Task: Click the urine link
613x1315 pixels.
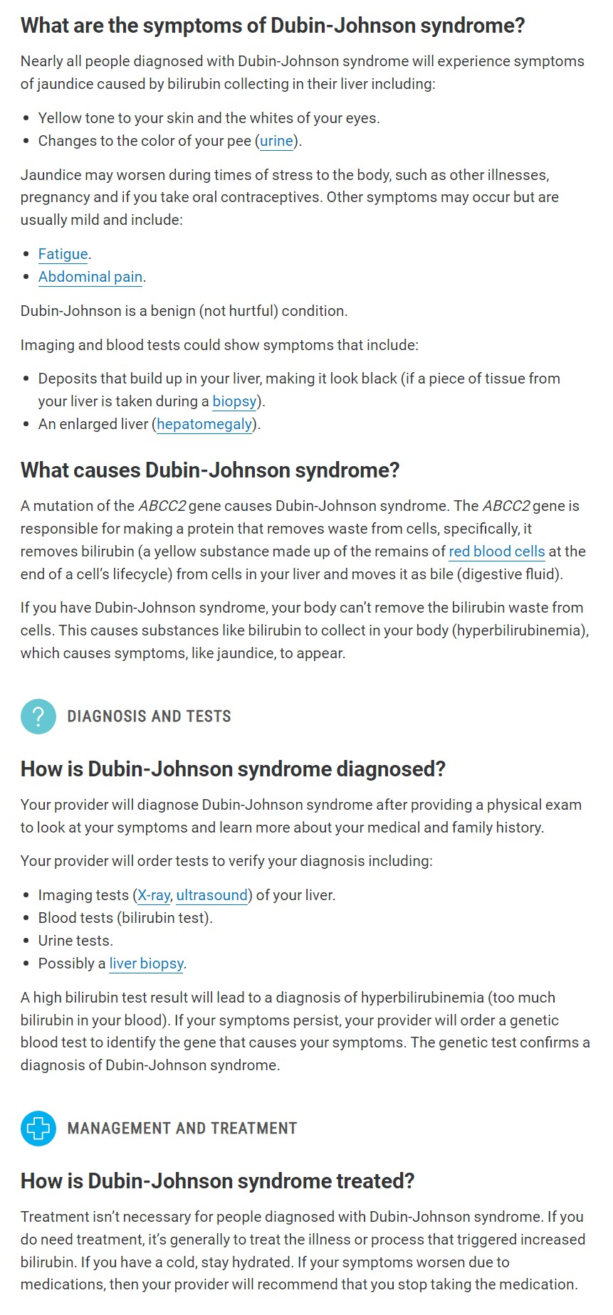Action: click(276, 141)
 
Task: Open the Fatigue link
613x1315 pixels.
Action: click(63, 254)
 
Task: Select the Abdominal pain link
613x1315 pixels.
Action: click(90, 277)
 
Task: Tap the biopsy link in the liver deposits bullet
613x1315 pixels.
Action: click(234, 401)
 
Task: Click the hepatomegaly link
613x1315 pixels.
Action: click(204, 424)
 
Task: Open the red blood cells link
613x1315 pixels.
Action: click(496, 551)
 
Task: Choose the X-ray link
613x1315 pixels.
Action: click(154, 895)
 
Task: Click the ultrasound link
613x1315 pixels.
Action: click(212, 895)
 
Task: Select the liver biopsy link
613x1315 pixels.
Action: click(147, 963)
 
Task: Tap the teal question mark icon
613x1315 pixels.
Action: click(38, 716)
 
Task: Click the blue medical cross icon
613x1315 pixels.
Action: click(38, 1128)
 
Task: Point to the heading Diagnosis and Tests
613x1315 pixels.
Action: click(150, 716)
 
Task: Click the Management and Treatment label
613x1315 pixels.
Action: click(182, 1128)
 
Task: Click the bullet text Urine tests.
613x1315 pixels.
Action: click(75, 941)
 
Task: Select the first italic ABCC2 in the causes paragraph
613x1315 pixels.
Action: click(162, 506)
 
